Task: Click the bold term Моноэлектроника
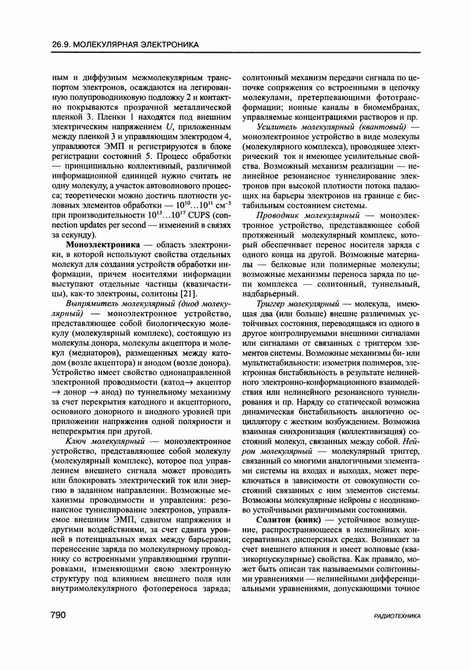point(103,244)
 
